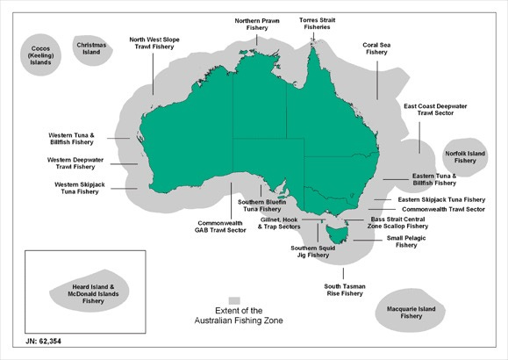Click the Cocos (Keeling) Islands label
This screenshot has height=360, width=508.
click(38, 55)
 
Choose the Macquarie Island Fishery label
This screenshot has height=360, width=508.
click(404, 312)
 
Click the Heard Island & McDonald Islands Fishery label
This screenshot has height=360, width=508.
click(93, 293)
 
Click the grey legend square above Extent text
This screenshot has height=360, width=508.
click(234, 299)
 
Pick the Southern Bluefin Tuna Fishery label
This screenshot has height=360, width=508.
click(263, 206)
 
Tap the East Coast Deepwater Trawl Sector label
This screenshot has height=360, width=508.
click(434, 110)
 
